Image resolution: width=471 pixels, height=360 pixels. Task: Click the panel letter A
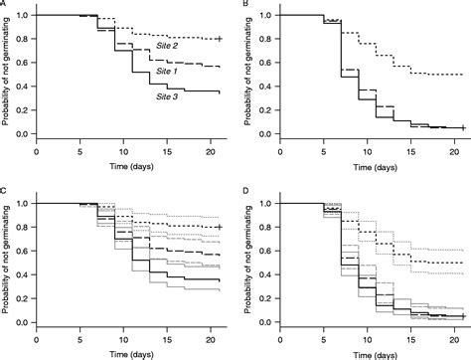4,5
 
